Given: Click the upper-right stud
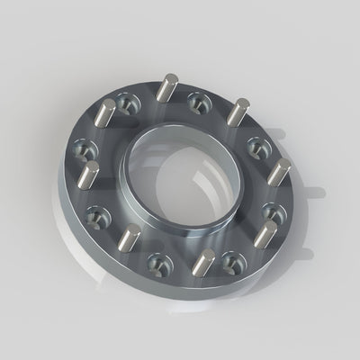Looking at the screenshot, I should tap(236, 113).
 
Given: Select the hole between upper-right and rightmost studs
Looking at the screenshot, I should tap(256, 143).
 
